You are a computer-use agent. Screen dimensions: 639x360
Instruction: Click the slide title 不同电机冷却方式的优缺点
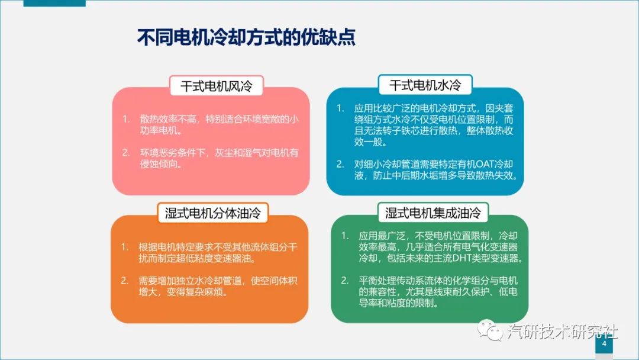tap(246, 37)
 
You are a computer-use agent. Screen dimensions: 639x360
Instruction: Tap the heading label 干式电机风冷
tap(217, 86)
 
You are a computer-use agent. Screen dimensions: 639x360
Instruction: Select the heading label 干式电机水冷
tap(425, 85)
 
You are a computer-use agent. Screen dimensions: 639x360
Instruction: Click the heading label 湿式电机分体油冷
tap(213, 213)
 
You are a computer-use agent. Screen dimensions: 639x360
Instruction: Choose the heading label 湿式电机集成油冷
tap(433, 213)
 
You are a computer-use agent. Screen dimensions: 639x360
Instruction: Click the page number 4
tap(604, 343)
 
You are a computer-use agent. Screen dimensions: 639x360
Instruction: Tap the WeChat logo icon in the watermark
tap(490, 329)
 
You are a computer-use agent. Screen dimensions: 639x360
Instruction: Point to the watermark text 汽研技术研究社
tap(563, 332)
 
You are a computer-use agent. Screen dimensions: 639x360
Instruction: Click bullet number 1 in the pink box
tap(127, 119)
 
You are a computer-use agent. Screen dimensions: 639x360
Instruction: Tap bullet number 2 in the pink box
tap(127, 153)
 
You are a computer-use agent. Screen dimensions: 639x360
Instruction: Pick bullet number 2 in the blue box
tap(340, 164)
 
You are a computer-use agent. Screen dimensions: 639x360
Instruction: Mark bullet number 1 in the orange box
tap(125, 247)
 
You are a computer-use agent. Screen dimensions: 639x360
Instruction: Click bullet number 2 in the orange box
tap(125, 281)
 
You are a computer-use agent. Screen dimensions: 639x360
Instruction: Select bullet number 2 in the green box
tap(345, 281)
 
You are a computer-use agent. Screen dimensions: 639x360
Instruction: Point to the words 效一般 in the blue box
tap(368, 142)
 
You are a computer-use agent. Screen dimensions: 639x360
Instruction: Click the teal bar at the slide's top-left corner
tap(54, 4)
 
